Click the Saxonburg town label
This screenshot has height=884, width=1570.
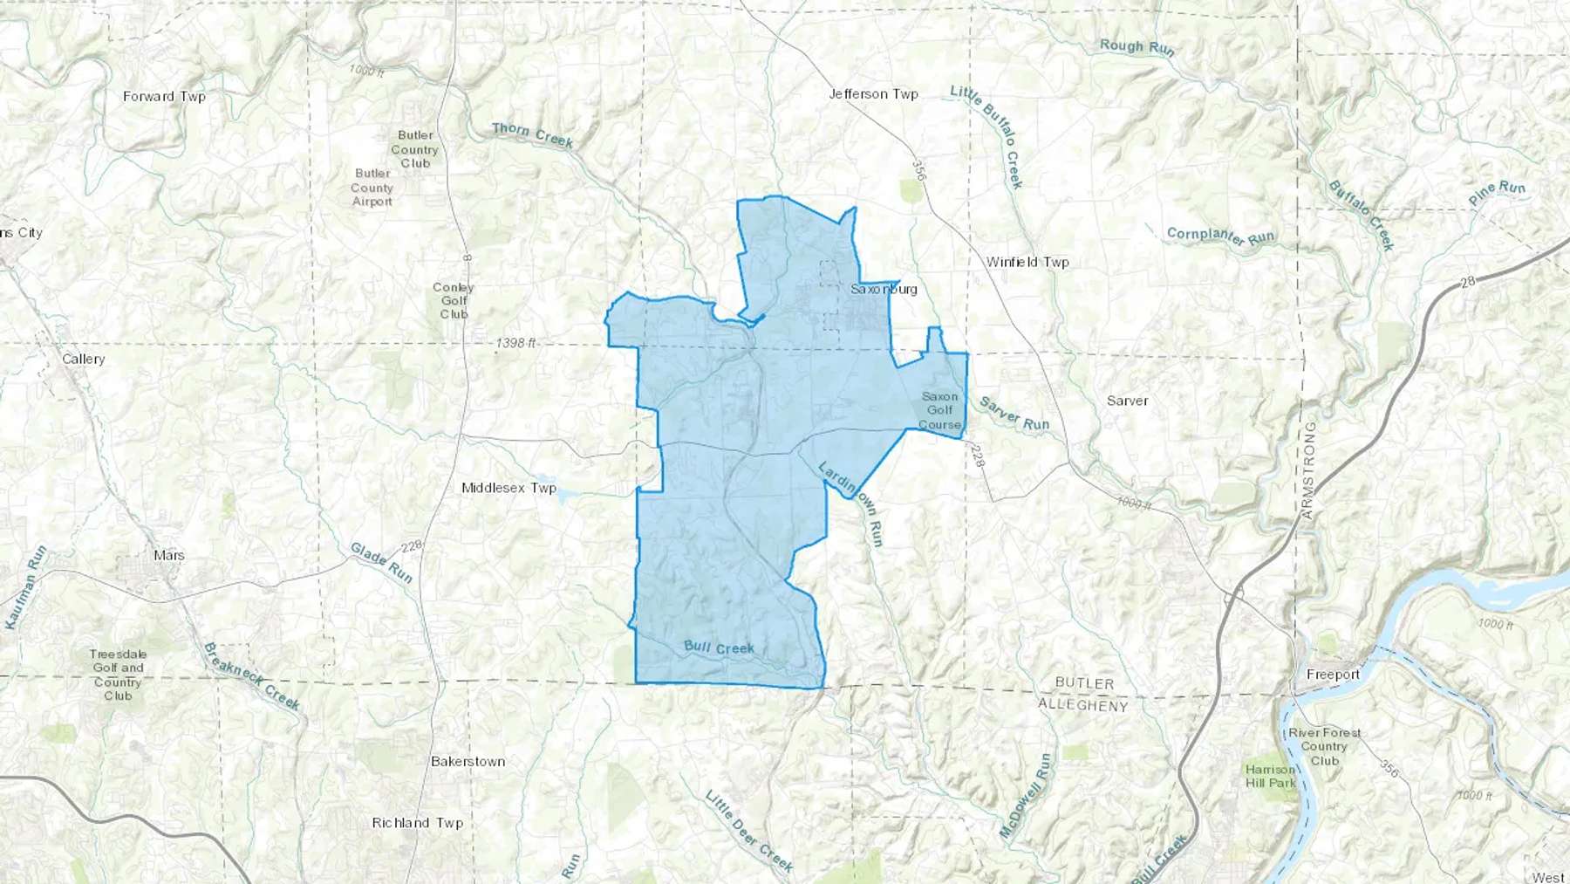click(884, 289)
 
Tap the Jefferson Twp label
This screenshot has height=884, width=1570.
click(873, 94)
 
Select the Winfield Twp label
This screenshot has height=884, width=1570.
click(1027, 262)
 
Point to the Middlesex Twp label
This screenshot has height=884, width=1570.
click(509, 488)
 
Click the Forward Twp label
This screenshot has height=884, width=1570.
click(164, 97)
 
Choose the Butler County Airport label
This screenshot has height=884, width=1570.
click(372, 188)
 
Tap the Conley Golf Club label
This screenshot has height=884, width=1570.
click(454, 300)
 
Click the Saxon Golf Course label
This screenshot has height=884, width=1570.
click(939, 410)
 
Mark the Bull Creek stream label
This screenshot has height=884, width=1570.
click(719, 648)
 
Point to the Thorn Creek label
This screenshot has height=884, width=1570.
click(532, 134)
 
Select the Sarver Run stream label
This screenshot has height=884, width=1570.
click(1014, 414)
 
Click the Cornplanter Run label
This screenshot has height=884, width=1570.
click(1220, 236)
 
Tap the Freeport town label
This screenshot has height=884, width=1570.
click(1333, 675)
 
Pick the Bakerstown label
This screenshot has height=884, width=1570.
click(468, 762)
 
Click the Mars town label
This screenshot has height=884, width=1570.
click(169, 555)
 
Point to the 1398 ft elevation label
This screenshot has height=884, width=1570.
click(515, 343)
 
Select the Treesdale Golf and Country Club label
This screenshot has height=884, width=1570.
click(118, 675)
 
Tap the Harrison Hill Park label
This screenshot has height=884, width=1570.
click(1270, 776)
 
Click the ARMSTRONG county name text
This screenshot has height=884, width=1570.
click(1308, 471)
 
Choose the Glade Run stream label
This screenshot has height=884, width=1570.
click(381, 562)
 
